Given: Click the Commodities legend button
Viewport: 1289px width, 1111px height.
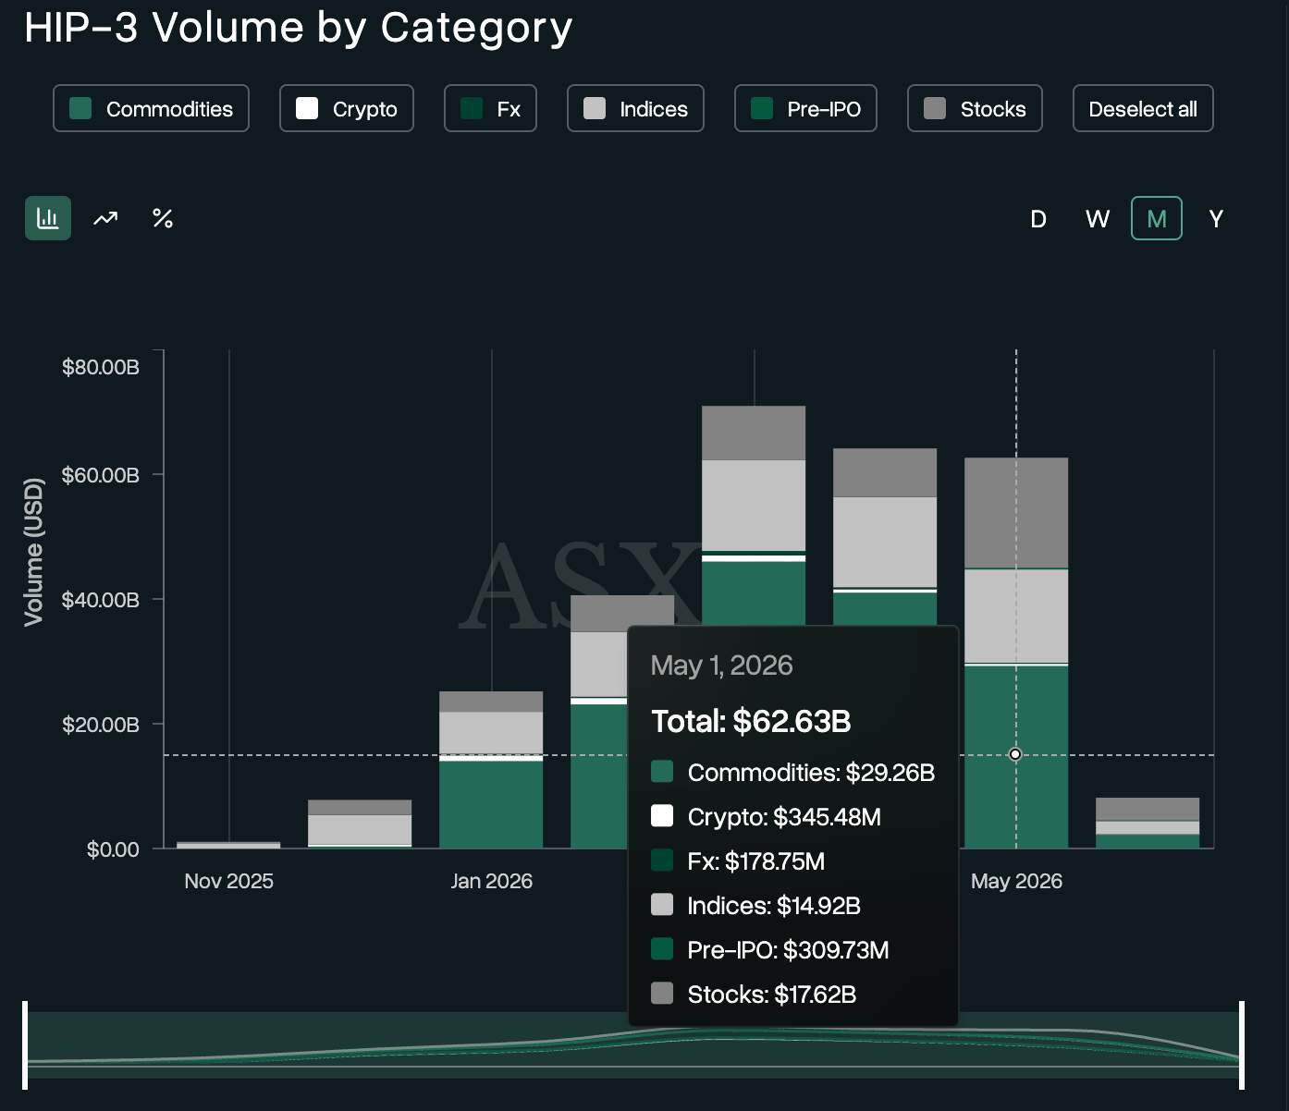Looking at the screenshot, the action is click(x=151, y=108).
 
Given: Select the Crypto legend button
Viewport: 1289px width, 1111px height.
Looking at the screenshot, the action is click(x=347, y=108).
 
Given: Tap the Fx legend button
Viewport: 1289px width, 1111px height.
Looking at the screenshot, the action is click(x=490, y=108).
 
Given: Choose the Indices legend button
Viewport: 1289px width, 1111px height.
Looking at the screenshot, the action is click(x=635, y=108).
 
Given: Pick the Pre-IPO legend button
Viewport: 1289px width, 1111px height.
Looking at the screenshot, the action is click(x=805, y=108).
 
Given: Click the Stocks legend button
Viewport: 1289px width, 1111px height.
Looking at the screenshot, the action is click(x=975, y=108).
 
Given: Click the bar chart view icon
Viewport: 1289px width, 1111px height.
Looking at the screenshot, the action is click(x=48, y=218).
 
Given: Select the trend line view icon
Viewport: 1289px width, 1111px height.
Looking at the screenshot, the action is click(x=105, y=218).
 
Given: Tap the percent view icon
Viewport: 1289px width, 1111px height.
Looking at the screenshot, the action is click(x=163, y=218).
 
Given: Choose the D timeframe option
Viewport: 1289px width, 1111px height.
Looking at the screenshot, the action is click(x=1038, y=219).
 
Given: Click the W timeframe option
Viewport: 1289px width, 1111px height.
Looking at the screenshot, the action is click(x=1098, y=219).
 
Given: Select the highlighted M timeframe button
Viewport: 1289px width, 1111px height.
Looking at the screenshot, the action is click(x=1157, y=218).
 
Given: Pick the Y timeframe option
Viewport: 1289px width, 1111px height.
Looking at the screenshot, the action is click(x=1216, y=219).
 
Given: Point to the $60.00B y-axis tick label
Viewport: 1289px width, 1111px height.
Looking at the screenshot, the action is click(x=101, y=475).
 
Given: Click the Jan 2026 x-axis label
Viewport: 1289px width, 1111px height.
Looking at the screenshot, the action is click(x=491, y=881).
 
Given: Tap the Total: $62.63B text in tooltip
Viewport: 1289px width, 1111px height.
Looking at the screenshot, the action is click(x=751, y=721).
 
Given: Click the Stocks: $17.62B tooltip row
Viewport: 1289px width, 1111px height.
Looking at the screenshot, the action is click(x=754, y=995).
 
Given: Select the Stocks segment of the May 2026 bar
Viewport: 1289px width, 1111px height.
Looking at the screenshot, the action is click(x=1016, y=513).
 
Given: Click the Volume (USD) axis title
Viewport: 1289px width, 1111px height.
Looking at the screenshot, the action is click(x=33, y=552).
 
